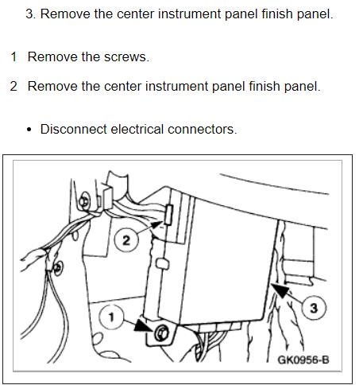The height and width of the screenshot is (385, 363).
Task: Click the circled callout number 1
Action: tap(111, 317)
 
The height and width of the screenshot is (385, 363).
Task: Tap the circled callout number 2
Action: tap(126, 240)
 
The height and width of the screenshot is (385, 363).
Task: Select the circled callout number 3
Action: tap(314, 308)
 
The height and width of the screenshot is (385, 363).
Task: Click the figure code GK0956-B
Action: tap(303, 360)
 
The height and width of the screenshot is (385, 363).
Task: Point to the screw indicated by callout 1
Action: tap(161, 332)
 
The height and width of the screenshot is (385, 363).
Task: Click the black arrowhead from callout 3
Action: tap(280, 290)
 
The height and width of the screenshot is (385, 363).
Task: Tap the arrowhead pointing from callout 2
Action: tap(156, 225)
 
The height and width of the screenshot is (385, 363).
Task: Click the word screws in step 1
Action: tap(126, 57)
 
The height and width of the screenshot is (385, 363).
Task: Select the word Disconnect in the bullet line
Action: tap(74, 130)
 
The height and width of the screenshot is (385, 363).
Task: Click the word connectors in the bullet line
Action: tap(203, 130)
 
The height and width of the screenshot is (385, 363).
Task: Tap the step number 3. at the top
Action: tap(31, 14)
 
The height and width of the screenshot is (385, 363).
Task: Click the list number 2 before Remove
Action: tap(14, 87)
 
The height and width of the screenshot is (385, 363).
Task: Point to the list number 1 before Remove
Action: tap(14, 57)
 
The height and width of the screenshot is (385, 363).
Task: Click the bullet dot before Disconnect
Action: tap(29, 130)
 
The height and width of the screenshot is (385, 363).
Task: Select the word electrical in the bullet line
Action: tap(137, 130)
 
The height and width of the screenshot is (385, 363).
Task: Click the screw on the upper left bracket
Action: tap(85, 202)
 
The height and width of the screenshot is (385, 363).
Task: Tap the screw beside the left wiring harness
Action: tap(57, 268)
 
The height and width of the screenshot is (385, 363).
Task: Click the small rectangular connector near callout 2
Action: tap(168, 215)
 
